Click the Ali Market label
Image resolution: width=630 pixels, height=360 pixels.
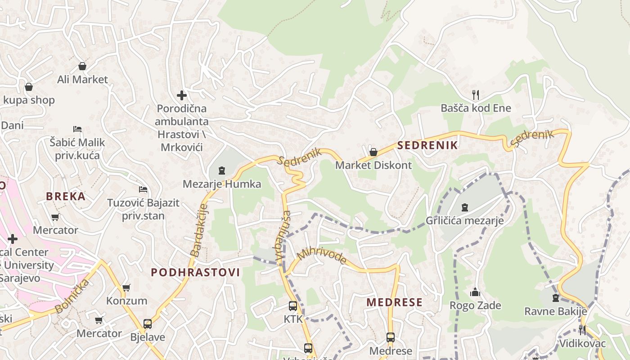(82, 80)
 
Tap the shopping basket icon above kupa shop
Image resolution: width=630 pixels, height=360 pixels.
(29, 86)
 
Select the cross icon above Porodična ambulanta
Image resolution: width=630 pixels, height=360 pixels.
(182, 95)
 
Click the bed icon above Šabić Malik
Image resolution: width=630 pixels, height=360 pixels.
(77, 129)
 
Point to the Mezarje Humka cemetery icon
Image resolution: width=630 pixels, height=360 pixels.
(221, 171)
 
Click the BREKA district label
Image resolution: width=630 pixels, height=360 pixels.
(66, 196)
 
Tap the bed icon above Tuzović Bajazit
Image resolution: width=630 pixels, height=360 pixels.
(143, 189)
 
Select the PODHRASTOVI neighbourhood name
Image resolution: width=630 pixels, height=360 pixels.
(195, 272)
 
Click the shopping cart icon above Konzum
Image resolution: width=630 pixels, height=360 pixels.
(126, 287)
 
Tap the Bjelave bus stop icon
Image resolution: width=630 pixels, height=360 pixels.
(147, 324)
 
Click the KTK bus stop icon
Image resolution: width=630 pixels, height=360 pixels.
(293, 306)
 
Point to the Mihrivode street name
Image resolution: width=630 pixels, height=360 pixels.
(322, 255)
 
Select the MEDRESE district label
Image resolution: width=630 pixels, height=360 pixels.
(394, 302)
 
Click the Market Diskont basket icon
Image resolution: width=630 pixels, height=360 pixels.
(373, 152)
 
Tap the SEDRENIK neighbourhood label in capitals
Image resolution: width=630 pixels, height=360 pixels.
(427, 145)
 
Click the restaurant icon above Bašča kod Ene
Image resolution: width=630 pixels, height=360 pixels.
(476, 94)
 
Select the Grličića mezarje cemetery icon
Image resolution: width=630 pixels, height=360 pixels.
(464, 207)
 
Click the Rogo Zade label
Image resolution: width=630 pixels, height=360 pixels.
(475, 306)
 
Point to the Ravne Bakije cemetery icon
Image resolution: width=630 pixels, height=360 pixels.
(555, 298)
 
